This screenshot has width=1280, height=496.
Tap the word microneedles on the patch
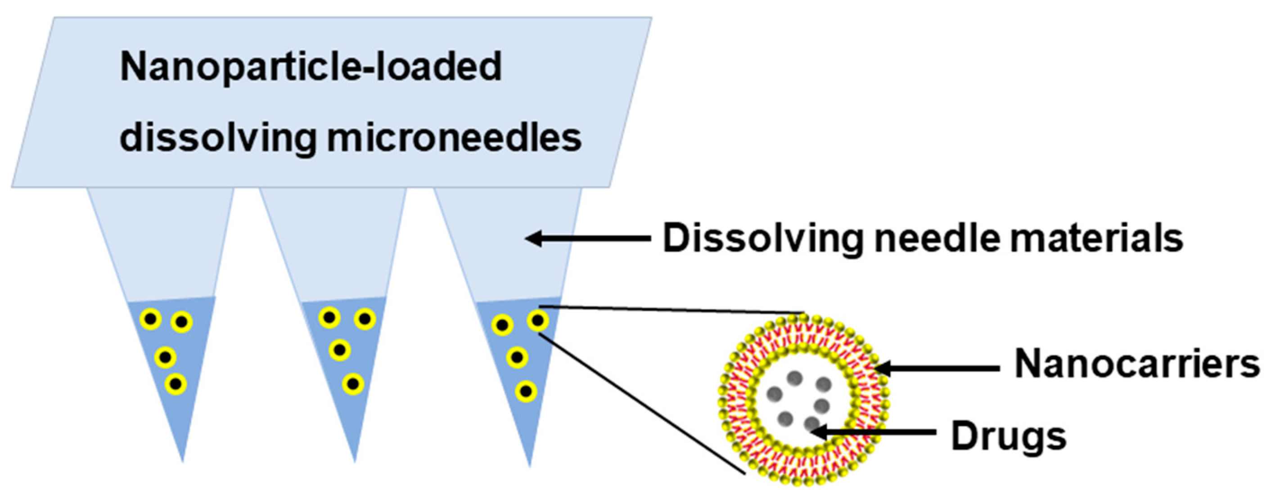(454, 138)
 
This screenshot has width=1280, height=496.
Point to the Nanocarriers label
(1137, 364)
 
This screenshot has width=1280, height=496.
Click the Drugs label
(1008, 436)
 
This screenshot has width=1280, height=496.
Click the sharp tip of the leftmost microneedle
(182, 460)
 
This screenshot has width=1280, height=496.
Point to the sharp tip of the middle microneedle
(354, 460)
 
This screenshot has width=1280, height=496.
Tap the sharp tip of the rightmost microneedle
(529, 463)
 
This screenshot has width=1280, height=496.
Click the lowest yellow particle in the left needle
(176, 383)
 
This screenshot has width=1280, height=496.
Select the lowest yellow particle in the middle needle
(353, 383)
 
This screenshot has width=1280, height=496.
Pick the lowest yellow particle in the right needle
(526, 392)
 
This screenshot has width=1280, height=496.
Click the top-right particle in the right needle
(538, 320)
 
